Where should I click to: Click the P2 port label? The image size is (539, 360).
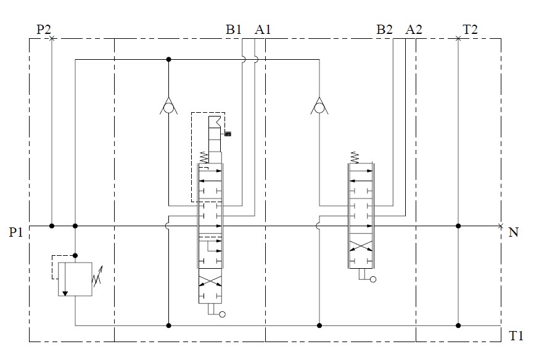tap(44, 30)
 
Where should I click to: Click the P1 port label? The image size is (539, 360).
tap(15, 232)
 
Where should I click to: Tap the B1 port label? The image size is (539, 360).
tap(233, 30)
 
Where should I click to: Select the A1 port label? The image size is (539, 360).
tap(263, 30)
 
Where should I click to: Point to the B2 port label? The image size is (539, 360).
tap(384, 30)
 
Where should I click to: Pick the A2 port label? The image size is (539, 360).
tap(414, 30)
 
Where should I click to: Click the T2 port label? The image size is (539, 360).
tap(470, 30)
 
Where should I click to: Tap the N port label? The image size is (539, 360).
tap(513, 232)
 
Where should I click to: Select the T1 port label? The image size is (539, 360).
tap(516, 335)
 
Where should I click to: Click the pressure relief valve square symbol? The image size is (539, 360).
tap(75, 279)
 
